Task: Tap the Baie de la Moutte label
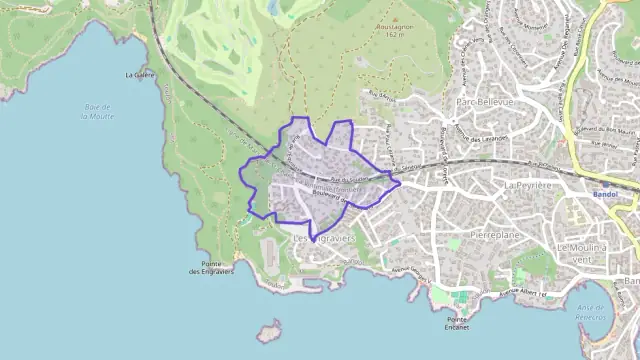coord(95,111)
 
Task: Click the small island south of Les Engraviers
coord(267,330)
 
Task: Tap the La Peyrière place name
coord(529,185)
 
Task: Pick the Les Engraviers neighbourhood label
coord(324,239)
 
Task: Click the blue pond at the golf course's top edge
coord(272,8)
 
